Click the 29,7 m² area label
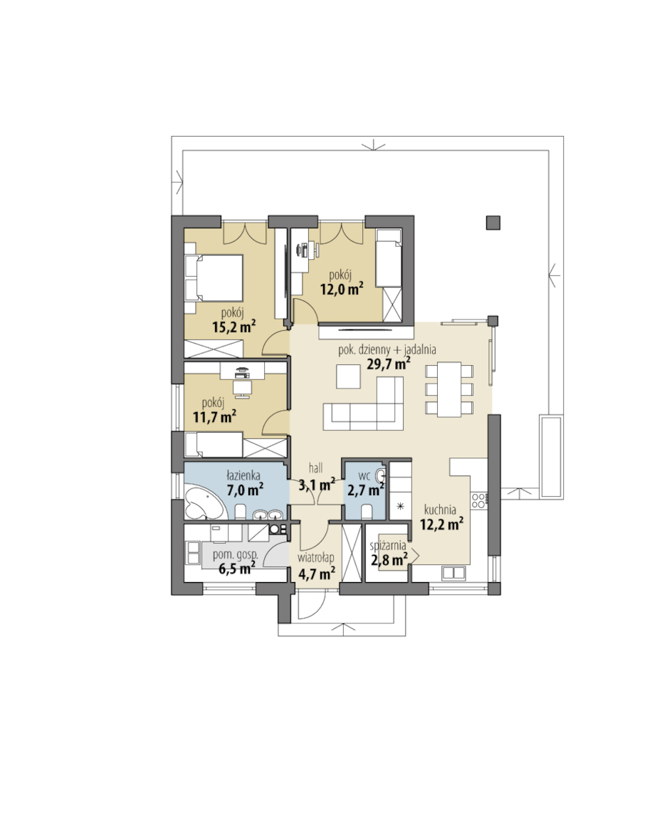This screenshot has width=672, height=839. tap(388, 364)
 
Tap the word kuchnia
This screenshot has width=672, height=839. tap(440, 510)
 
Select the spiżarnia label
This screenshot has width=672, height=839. tap(388, 547)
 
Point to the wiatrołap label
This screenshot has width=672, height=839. tap(316, 558)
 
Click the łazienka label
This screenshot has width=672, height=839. tap(243, 475)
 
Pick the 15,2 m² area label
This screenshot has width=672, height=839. tap(233, 327)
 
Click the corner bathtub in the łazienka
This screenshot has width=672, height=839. tap(204, 502)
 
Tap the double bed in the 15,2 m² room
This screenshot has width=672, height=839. tap(214, 277)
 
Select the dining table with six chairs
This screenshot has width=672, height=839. tap(449, 389)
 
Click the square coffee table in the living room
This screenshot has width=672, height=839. tap(349, 376)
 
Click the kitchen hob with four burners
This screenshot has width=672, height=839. tap(478, 500)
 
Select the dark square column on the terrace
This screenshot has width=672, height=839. tap(493, 223)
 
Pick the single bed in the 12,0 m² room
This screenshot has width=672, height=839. tap(389, 258)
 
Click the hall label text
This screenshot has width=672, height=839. tap(316, 468)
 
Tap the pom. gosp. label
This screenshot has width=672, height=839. tap(236, 554)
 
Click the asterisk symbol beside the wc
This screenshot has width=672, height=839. tap(400, 506)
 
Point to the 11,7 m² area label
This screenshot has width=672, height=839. tap(214, 417)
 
